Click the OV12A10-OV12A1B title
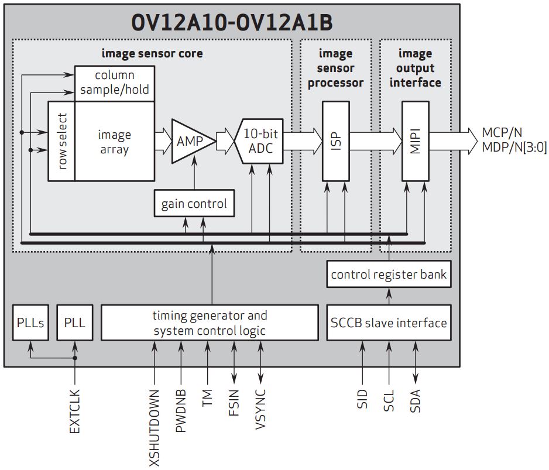pyautogui.click(x=232, y=22)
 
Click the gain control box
pyautogui.click(x=194, y=204)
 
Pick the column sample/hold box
pyautogui.click(x=115, y=83)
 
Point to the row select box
pyautogui.click(x=61, y=141)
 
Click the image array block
pyautogui.click(x=115, y=141)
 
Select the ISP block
pyautogui.click(x=336, y=141)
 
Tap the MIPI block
pyautogui.click(x=415, y=141)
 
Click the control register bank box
pyautogui.click(x=389, y=275)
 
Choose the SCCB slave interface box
pyautogui.click(x=389, y=323)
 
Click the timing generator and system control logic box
pyautogui.click(x=210, y=323)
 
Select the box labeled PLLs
pyautogui.click(x=29, y=323)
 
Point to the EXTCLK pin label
pyautogui.click(x=74, y=412)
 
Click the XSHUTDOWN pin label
pyautogui.click(x=155, y=427)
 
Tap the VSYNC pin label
pyautogui.click(x=260, y=410)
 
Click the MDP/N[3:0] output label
pyautogui.click(x=514, y=147)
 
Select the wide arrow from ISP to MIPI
pyautogui.click(x=375, y=141)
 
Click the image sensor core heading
pyautogui.click(x=152, y=53)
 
